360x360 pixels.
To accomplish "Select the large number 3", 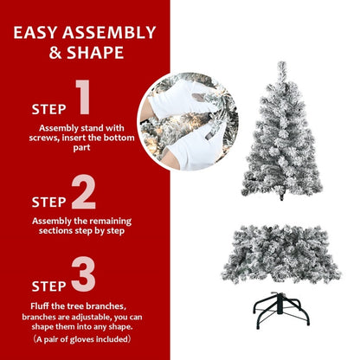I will [84, 274].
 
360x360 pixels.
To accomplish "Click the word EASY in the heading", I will [44, 34].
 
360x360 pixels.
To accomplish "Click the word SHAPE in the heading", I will [100, 53].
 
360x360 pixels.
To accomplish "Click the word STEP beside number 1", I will [48, 110].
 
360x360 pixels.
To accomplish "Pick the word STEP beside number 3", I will [48, 285].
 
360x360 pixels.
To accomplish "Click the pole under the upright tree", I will [283, 198].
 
